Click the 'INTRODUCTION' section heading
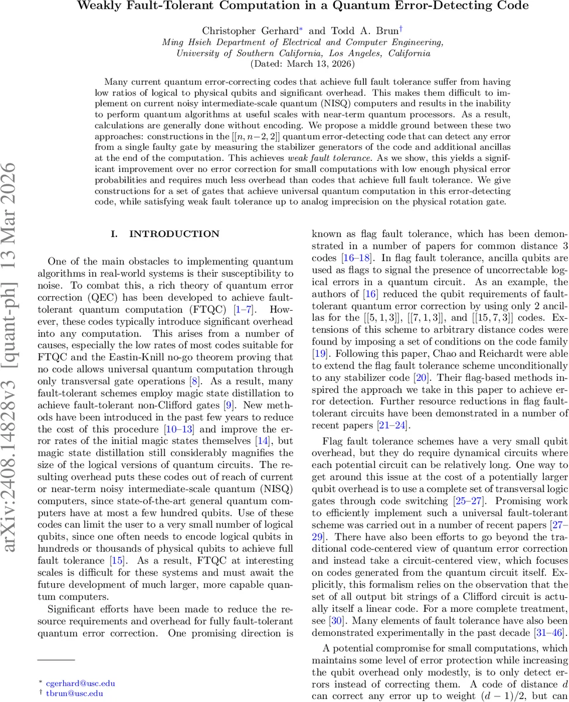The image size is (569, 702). coord(174,234)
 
